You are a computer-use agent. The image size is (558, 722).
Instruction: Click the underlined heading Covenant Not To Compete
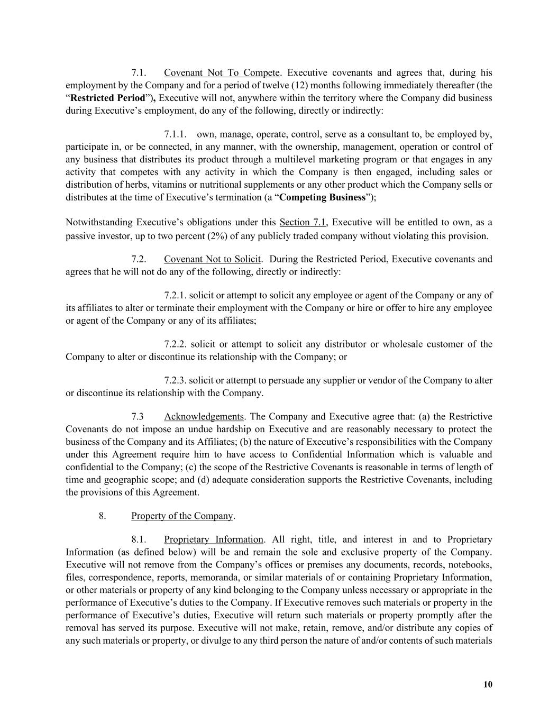point(222,72)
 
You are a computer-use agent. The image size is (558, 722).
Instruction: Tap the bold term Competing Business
point(322,197)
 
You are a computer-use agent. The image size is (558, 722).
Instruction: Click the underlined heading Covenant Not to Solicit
point(212,259)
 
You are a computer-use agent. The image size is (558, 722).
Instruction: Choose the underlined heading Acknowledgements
point(204,417)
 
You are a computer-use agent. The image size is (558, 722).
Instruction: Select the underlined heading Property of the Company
point(182,516)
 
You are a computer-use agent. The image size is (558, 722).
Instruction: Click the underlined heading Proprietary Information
point(214,540)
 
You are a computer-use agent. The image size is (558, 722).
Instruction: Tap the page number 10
point(488,684)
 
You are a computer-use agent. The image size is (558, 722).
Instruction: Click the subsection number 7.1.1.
point(175,134)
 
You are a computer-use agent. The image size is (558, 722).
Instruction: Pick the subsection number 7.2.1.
point(175,295)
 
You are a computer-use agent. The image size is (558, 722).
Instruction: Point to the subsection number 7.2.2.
point(175,344)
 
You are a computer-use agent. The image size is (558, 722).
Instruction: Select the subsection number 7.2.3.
point(175,380)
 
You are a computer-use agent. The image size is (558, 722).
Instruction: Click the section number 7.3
point(138,417)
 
